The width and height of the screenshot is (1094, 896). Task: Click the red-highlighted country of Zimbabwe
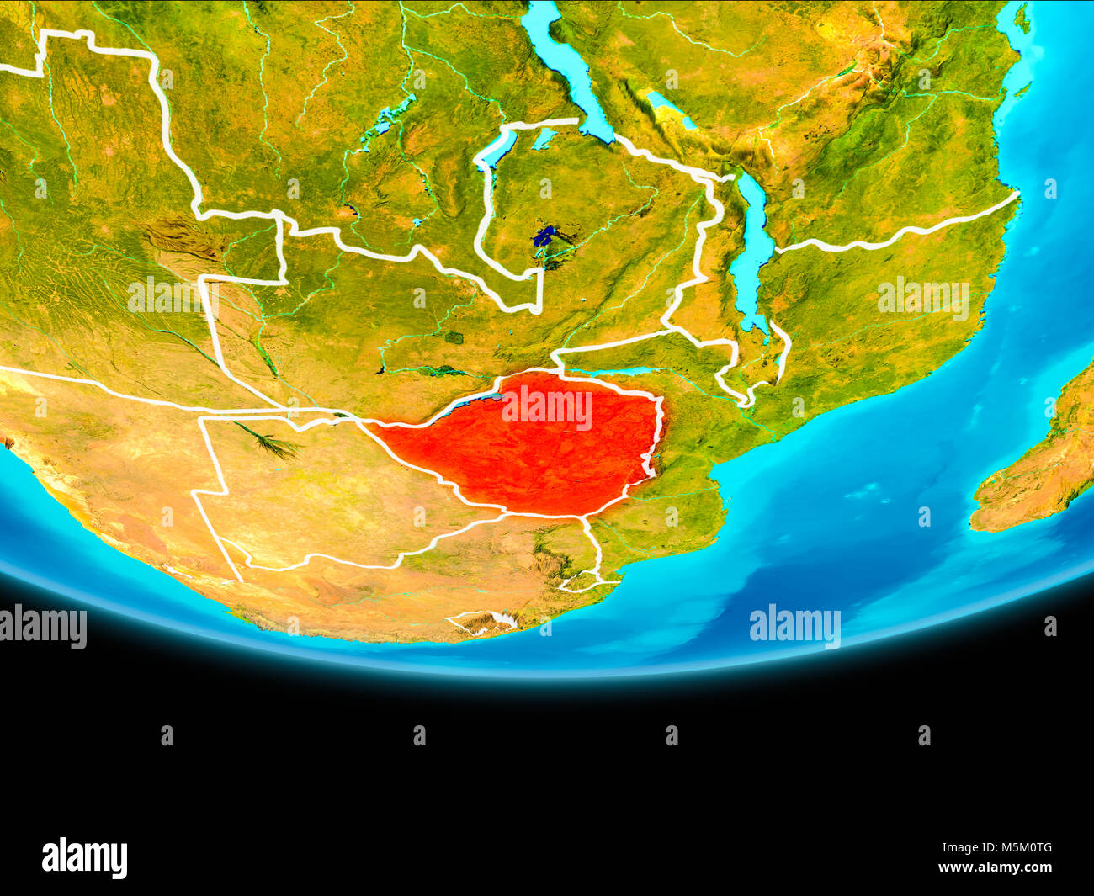pos(539,454)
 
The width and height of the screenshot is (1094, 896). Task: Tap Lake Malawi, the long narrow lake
pos(749,252)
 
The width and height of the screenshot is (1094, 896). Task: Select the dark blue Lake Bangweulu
pos(547,236)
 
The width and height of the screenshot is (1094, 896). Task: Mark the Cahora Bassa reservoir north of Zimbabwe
pos(623,371)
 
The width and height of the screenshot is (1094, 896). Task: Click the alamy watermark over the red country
pos(547,408)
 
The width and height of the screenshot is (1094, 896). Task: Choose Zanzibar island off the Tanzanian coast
pos(1021,17)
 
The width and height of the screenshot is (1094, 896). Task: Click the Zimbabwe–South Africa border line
pos(547,514)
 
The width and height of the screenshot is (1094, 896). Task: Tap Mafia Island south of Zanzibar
pos(1022,88)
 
